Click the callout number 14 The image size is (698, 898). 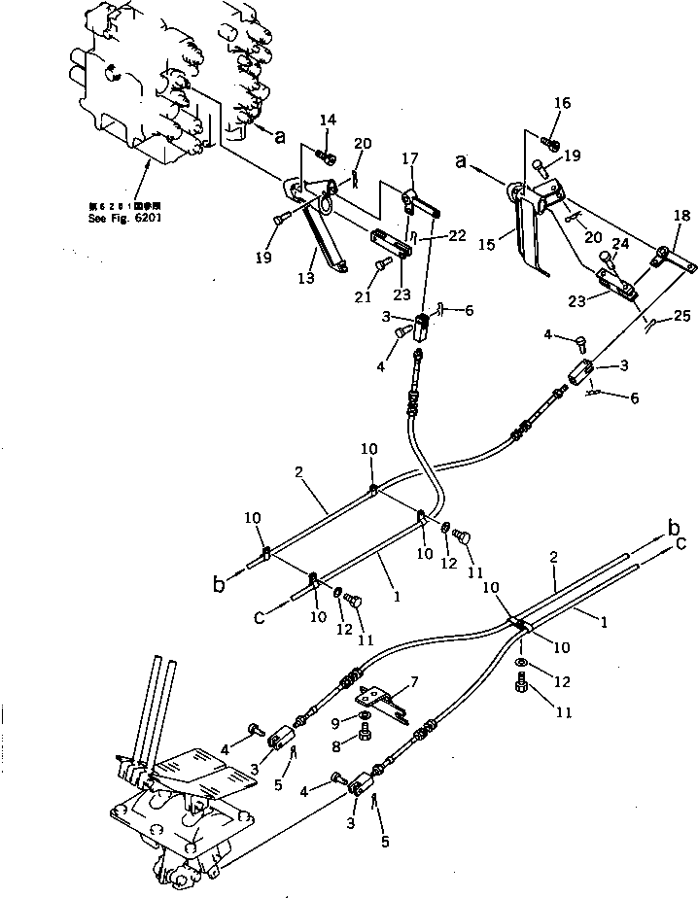(328, 120)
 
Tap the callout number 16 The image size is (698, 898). (563, 103)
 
